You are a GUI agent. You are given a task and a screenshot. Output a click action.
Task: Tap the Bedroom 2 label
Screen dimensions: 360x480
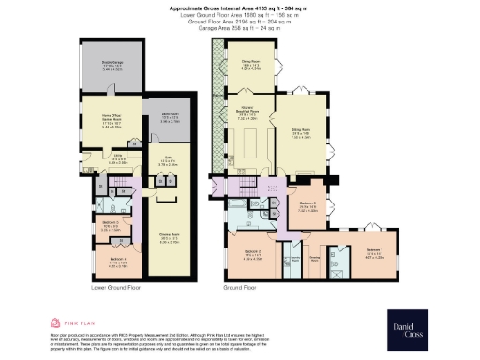pos(252,254)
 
